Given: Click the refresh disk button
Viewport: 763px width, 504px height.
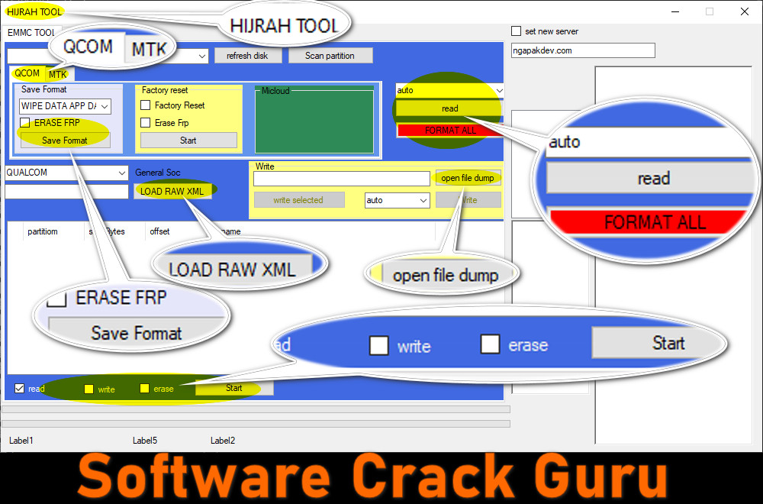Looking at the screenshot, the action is coord(247,56).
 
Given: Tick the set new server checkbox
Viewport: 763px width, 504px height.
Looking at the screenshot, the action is coord(517,31).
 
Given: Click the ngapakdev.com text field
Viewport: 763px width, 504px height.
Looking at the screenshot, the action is coord(583,50).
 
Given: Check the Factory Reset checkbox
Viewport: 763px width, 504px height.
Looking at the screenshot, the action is coord(146,105).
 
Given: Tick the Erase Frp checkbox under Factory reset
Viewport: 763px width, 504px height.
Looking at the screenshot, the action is coord(146,123).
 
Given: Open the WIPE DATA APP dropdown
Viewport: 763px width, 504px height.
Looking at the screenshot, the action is coord(65,106).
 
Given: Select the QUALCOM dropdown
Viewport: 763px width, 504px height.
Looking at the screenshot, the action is coord(66,173).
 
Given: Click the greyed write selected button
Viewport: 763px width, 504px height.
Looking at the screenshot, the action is coord(298,200).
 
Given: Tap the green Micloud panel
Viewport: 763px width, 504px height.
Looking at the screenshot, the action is coord(314,122).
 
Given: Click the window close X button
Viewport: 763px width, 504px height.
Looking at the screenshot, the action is coord(744,11).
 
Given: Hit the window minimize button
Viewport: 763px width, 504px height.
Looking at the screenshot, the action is coord(675,11).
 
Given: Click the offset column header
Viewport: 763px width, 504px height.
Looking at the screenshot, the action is coord(159,231).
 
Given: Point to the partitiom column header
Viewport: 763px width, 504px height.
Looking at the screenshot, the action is coord(43,231).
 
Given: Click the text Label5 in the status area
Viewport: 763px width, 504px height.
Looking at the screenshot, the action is coord(145,441).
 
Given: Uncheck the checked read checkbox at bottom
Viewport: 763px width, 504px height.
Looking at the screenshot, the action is coord(20,389).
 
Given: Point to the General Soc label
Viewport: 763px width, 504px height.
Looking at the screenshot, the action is coord(158,173).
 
